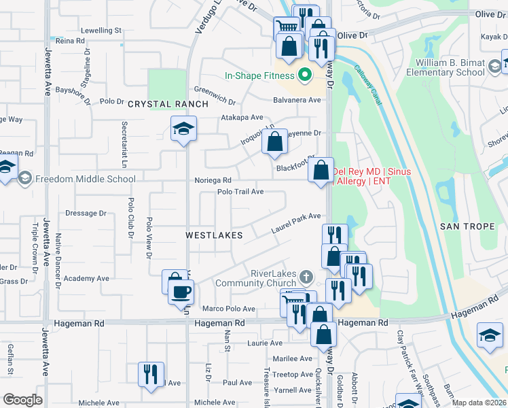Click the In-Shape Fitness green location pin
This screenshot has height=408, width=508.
pyautogui.click(x=305, y=75)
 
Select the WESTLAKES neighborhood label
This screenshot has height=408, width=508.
pyautogui.click(x=214, y=235)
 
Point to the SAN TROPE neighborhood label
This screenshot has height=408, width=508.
pyautogui.click(x=467, y=226)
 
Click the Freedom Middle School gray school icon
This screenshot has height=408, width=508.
pyautogui.click(x=25, y=179)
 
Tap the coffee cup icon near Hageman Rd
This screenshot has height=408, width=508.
pyautogui.click(x=181, y=292)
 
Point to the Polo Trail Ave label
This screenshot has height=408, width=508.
pyautogui.click(x=240, y=192)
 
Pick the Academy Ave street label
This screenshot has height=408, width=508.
pyautogui.click(x=86, y=278)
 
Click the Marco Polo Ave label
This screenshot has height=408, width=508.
pyautogui.click(x=234, y=308)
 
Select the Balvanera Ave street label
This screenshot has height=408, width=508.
pyautogui.click(x=297, y=100)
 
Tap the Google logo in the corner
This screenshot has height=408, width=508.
pyautogui.click(x=22, y=400)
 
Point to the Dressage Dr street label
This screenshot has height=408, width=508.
pyautogui.click(x=86, y=213)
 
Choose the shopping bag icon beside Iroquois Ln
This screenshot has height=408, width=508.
pyautogui.click(x=274, y=143)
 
